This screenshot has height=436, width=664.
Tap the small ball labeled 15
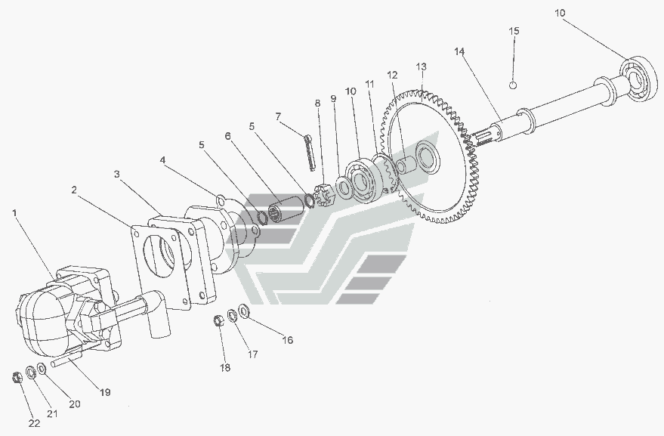point(513,85)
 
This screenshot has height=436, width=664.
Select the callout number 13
point(421,66)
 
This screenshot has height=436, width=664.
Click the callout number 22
point(34,423)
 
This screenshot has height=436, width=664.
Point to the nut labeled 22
point(17,376)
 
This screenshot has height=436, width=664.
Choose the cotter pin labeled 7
point(310,153)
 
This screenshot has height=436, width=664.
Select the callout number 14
point(459,51)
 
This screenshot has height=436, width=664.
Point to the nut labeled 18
point(218,320)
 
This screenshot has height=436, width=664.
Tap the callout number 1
point(15,212)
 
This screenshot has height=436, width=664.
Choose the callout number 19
point(104,392)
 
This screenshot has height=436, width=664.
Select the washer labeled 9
point(343,187)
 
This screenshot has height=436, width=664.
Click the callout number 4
point(162,160)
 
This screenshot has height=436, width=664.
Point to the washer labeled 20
point(42,369)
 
